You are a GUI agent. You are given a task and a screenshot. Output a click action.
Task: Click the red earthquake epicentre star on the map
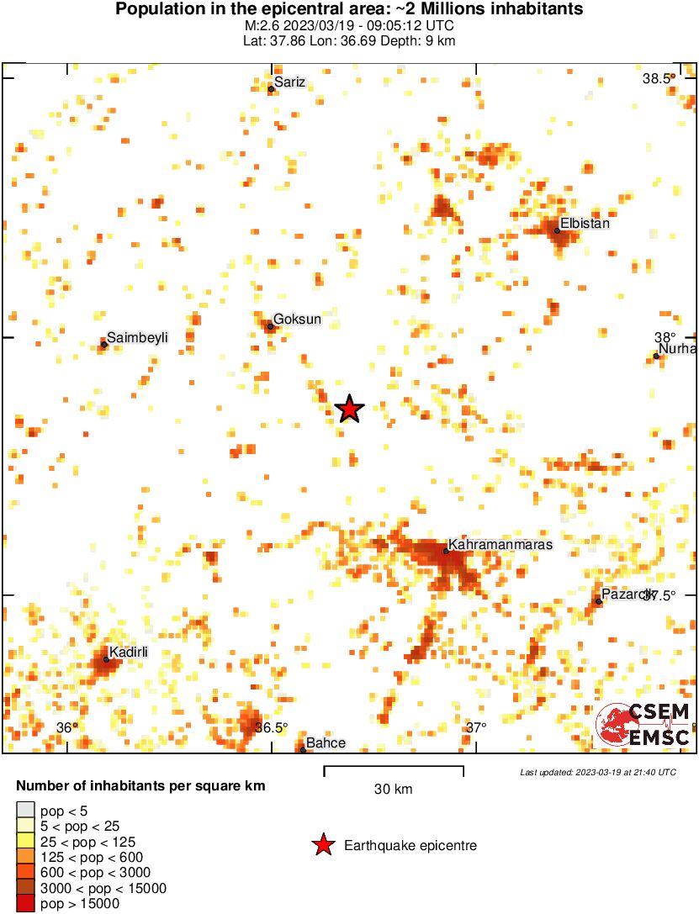click(x=349, y=409)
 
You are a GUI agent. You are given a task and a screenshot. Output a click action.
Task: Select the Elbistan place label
click(x=585, y=224)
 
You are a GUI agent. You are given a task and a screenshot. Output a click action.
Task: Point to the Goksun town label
click(x=297, y=320)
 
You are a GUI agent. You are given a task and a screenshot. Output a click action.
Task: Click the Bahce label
click(x=326, y=743)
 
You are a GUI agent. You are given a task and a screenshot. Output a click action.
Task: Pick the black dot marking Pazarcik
click(x=598, y=601)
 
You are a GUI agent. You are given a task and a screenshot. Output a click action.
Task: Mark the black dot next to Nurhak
click(x=656, y=357)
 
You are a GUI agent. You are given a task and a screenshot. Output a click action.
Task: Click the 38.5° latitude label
click(x=657, y=79)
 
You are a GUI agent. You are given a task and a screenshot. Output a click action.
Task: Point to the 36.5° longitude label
click(x=271, y=728)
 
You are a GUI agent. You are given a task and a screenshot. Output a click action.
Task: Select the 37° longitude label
click(x=476, y=728)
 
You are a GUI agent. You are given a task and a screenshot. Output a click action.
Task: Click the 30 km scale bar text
click(x=393, y=790)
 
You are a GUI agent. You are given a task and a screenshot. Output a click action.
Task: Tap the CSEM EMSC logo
click(x=643, y=725)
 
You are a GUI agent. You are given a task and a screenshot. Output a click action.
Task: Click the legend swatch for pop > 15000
click(x=25, y=904)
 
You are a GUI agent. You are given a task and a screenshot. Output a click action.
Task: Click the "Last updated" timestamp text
click(x=597, y=772)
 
